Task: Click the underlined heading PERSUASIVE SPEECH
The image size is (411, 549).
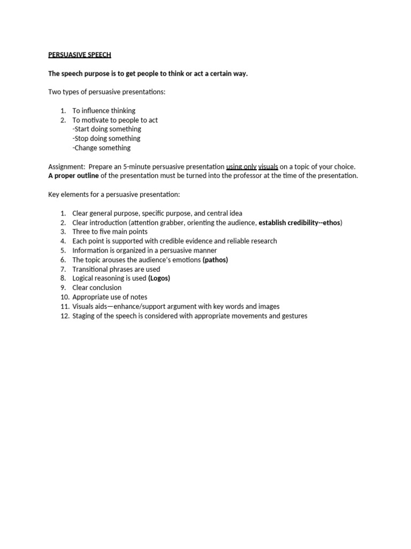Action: pos(80,55)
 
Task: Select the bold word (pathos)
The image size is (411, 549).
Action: pos(215,260)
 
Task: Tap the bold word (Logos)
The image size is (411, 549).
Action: pos(159,278)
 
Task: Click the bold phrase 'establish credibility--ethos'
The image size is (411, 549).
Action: pos(299,222)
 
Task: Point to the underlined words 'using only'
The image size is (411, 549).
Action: pos(241,167)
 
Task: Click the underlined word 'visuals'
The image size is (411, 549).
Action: pos(268,167)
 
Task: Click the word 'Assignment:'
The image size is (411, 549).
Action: pos(66,167)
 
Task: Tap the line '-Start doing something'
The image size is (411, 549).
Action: pos(106,129)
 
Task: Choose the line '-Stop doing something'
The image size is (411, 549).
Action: pos(106,138)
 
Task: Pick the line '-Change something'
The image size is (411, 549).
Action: pos(101,148)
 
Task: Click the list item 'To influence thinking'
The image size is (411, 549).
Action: pos(104,110)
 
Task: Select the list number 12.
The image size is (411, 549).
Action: pos(65,316)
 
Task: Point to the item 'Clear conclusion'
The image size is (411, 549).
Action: pos(97,288)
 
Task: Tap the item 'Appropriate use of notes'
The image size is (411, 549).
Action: pos(110,297)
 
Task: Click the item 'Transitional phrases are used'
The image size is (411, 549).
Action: pos(116,269)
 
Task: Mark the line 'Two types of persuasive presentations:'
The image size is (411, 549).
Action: pos(107,92)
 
